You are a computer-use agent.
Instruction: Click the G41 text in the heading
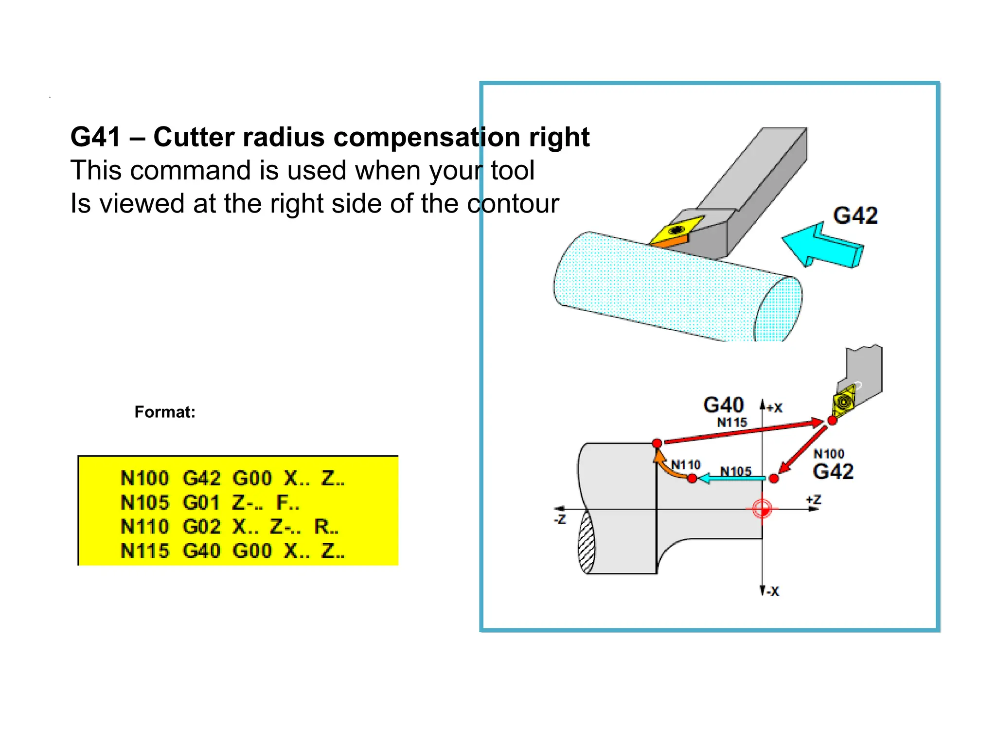[x=95, y=137]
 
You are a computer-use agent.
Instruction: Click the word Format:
[x=165, y=412]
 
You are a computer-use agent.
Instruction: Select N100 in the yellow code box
[x=144, y=479]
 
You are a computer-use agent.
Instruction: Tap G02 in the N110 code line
[x=202, y=527]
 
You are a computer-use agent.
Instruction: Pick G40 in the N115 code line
[x=202, y=551]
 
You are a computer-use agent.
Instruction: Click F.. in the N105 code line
[x=287, y=503]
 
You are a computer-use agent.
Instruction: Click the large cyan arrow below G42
[x=822, y=246]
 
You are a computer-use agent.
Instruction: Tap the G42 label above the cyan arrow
[x=855, y=215]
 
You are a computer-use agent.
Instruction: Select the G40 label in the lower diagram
[x=724, y=405]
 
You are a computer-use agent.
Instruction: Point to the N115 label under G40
[x=732, y=423]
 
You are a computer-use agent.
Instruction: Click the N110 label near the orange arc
[x=686, y=465]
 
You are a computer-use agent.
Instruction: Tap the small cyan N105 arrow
[x=732, y=479]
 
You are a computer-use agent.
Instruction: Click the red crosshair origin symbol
[x=762, y=509]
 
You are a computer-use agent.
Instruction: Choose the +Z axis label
[x=814, y=500]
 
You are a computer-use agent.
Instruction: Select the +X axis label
[x=774, y=408]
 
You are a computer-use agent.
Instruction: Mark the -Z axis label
[x=560, y=519]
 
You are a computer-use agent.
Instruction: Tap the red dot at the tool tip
[x=832, y=420]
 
